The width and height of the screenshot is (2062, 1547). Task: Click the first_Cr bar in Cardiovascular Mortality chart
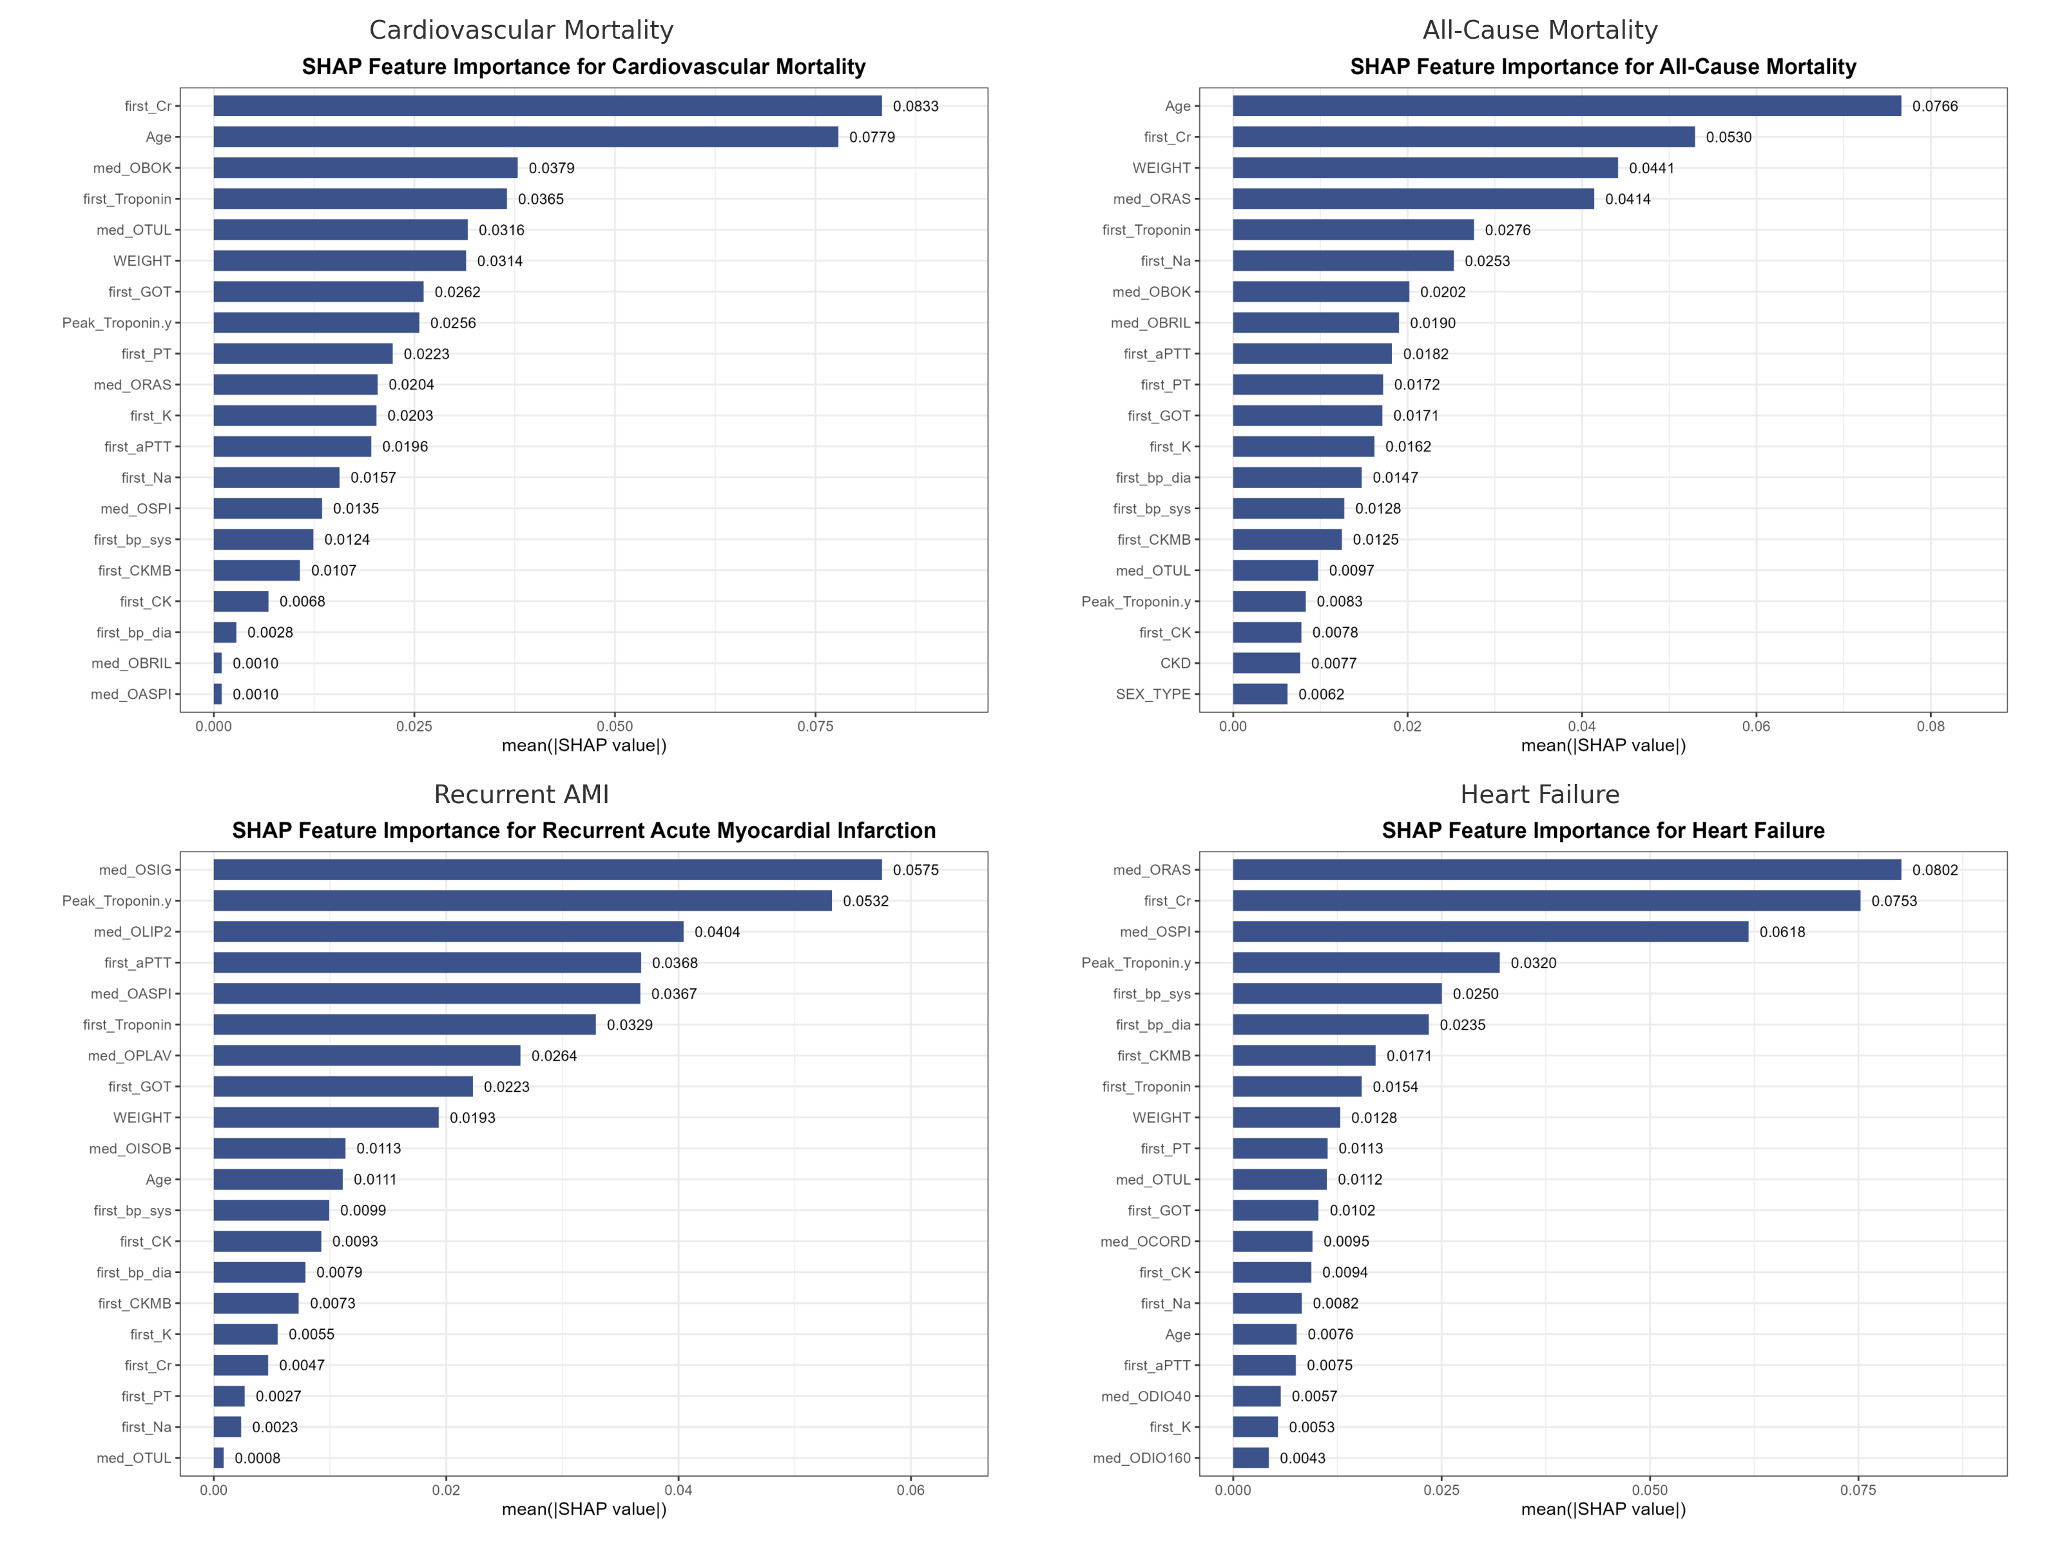[547, 106]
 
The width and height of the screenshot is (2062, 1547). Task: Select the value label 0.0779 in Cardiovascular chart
[872, 137]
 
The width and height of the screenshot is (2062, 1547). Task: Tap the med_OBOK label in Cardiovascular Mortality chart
[132, 168]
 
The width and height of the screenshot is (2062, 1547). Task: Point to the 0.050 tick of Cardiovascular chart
[614, 726]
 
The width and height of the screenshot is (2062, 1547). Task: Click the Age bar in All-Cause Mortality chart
[1566, 106]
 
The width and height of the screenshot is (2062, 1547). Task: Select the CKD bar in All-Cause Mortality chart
[1266, 663]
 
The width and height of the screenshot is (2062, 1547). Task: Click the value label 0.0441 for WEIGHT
[1651, 168]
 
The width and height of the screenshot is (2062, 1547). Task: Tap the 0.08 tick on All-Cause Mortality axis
[1931, 726]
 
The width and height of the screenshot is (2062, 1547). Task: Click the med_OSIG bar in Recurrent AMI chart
[547, 870]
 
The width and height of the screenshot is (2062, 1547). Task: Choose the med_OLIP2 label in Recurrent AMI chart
[132, 931]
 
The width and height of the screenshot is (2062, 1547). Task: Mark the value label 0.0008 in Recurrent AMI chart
[257, 1459]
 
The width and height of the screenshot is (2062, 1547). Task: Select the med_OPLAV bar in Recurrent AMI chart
[367, 1056]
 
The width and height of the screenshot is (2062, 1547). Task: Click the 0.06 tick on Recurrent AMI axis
[911, 1490]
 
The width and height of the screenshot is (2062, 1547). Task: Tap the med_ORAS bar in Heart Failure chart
[1566, 870]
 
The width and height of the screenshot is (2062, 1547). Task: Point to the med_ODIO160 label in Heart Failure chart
[1142, 1459]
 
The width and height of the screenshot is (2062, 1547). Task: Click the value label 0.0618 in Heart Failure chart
[1782, 931]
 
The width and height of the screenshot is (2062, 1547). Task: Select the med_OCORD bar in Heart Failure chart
[1273, 1241]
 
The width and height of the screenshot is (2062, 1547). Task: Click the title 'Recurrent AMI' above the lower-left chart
[521, 795]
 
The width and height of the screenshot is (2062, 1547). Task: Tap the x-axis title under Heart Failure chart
[1603, 1509]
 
